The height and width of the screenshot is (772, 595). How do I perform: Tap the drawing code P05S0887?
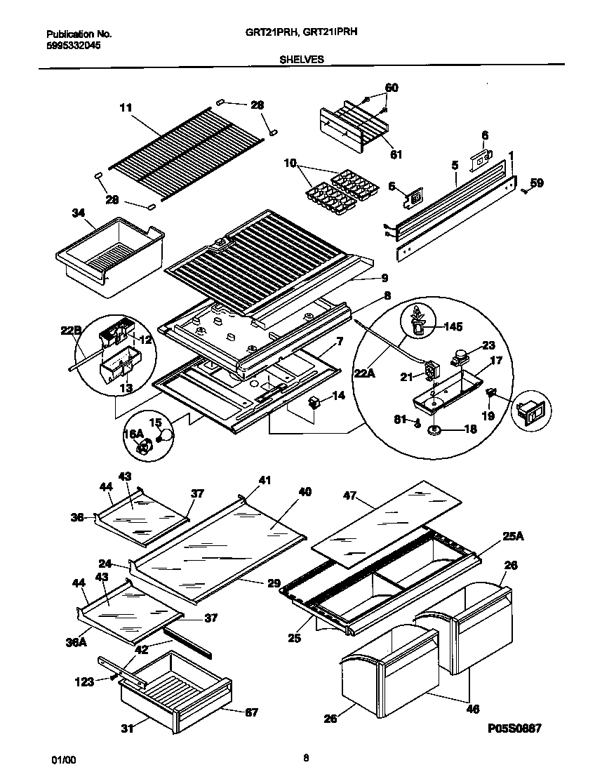pos(515,729)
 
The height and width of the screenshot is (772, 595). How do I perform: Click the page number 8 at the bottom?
pos(306,757)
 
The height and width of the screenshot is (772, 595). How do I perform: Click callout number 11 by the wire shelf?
pos(126,107)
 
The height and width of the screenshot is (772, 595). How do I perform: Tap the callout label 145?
pos(454,326)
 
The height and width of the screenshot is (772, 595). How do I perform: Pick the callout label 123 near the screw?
pos(84,680)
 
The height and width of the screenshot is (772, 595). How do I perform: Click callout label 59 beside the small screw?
pos(537,183)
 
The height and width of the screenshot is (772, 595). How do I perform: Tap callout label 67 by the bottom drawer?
pos(250,712)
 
